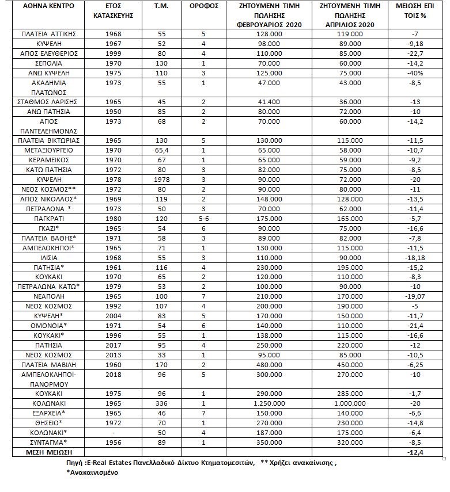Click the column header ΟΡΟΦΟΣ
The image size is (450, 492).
pyautogui.click(x=203, y=6)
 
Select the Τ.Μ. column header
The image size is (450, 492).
pyautogui.click(x=161, y=6)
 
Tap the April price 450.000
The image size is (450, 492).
pyautogui.click(x=350, y=364)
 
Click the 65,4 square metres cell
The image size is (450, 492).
pyautogui.click(x=161, y=150)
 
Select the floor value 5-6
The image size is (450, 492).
pyautogui.click(x=203, y=219)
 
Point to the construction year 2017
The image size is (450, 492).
pyautogui.click(x=114, y=345)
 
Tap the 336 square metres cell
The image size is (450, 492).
pyautogui.click(x=161, y=403)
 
